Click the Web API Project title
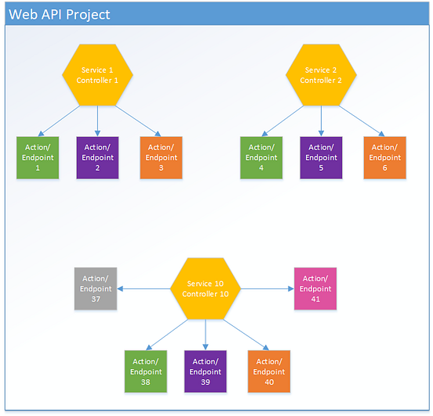pos(60,15)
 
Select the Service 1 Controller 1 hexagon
pos(97,75)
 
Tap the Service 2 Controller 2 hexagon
pos(320,75)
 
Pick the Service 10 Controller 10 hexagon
pos(206,288)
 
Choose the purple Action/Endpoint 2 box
pos(97,157)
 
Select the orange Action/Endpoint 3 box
pos(161,157)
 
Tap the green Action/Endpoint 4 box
pos(261,157)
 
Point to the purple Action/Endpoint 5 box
pos(320,157)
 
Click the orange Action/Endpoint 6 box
pos(384,157)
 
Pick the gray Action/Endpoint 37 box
pos(96,288)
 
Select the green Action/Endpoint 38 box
pos(146,371)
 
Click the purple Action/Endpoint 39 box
pos(206,371)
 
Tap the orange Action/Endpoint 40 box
pos(269,371)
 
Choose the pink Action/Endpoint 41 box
pos(315,288)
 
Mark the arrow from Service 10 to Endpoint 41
pos(267,288)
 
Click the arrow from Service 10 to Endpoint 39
pos(206,334)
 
